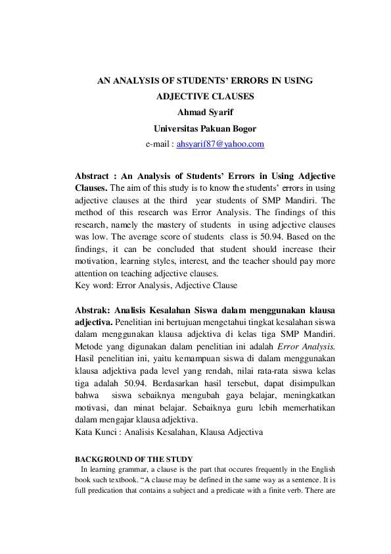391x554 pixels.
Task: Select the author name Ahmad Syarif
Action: point(204,112)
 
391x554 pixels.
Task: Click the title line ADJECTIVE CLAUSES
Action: point(204,96)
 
